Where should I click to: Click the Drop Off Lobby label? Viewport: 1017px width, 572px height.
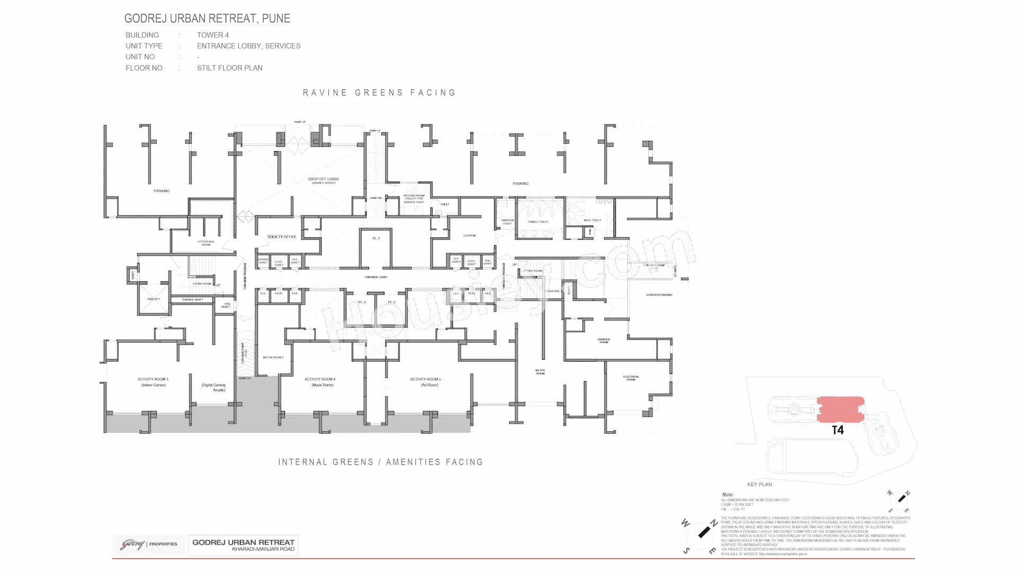323,180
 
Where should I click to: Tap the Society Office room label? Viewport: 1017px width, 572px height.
281,237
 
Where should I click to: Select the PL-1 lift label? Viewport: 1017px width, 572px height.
376,238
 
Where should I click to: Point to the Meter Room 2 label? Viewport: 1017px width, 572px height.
273,358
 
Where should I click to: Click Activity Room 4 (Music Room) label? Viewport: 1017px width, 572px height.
320,382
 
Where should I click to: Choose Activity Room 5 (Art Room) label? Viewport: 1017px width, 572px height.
425,382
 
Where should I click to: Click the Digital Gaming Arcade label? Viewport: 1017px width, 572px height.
213,387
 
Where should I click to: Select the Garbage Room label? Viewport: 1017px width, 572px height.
604,341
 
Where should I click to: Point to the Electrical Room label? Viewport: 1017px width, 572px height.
631,378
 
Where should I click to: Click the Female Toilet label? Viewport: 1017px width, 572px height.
538,222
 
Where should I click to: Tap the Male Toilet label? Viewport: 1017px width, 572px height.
592,220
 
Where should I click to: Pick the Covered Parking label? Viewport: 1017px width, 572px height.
659,295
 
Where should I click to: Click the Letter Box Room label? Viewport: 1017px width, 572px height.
206,243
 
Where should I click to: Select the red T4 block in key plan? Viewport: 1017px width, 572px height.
841,409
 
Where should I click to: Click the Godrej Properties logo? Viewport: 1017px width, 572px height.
148,544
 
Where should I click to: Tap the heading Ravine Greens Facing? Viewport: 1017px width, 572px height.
379,93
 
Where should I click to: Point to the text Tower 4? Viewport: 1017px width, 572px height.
213,35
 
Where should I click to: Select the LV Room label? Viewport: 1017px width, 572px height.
469,236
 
